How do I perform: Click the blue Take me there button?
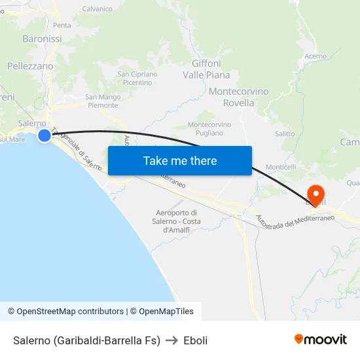tap(180, 160)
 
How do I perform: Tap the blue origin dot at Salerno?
tap(44, 135)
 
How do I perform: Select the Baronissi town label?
tap(42, 39)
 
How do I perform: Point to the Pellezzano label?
tap(30, 66)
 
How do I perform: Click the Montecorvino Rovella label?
tap(238, 98)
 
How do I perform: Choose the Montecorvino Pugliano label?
tap(209, 128)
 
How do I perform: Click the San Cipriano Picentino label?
tap(137, 79)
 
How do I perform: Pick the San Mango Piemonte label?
tap(103, 101)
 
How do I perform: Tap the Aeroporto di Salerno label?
tap(177, 221)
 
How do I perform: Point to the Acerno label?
tap(315, 56)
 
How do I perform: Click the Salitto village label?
tap(285, 134)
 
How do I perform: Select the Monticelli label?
tap(279, 168)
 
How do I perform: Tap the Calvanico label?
tap(98, 9)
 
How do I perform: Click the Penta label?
tap(62, 25)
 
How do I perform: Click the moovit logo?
tap(321, 340)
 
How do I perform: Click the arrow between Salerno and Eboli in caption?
tap(172, 340)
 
